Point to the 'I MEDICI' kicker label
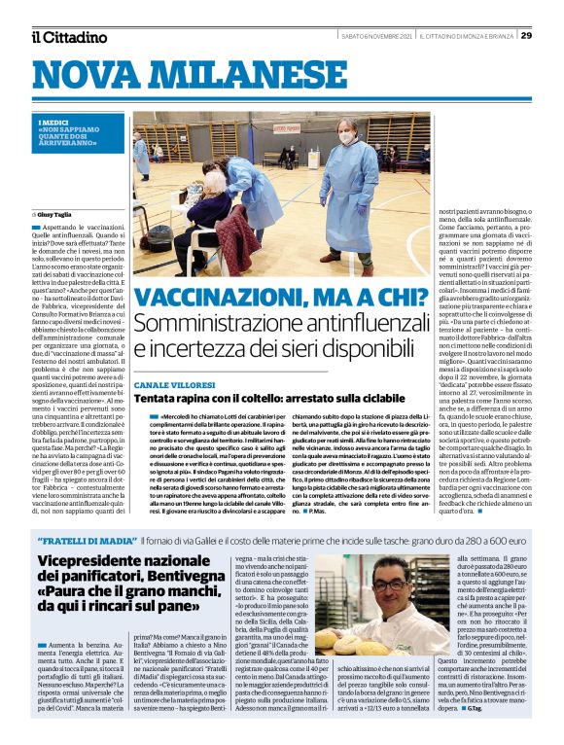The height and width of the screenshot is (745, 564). click(49, 122)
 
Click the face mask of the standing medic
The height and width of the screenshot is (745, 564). click(343, 138)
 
